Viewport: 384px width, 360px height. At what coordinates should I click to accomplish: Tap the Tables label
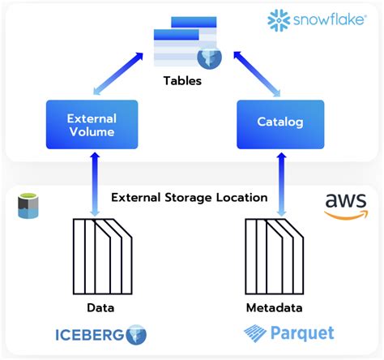click(x=182, y=80)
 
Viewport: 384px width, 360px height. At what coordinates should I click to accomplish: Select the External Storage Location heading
click(x=189, y=197)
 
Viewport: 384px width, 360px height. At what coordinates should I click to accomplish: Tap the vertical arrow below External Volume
click(x=96, y=184)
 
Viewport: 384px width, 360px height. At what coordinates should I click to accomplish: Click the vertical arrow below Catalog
click(x=280, y=184)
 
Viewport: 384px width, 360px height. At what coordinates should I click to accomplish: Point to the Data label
click(x=100, y=308)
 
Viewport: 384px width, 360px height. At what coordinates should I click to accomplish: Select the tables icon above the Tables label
click(x=184, y=45)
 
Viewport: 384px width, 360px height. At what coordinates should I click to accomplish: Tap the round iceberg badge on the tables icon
click(x=210, y=58)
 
